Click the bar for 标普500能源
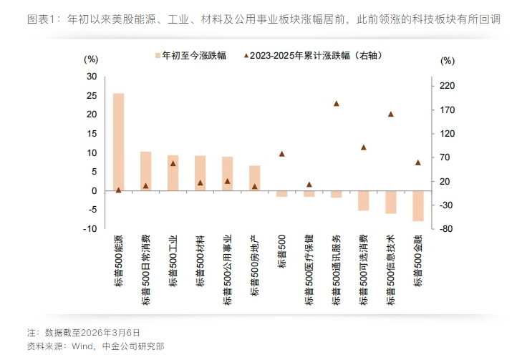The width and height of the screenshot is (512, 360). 118,142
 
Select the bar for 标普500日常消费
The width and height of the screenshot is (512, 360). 145,171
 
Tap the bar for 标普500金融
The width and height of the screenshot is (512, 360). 418,206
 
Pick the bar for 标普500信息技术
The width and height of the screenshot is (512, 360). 391,202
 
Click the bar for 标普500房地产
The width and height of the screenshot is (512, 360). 254,178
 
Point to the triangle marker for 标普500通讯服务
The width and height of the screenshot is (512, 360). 337,103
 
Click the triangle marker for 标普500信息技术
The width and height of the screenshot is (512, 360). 391,114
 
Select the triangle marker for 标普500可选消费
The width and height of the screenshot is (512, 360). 364,147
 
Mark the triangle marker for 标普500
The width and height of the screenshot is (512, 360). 281,154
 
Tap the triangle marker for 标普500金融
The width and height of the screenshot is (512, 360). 418,162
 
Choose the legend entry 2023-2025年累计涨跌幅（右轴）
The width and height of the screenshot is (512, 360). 311,55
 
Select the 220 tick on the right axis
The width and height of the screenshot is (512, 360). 448,86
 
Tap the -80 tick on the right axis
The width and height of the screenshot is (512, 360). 448,229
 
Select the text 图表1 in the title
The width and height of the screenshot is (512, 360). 42,20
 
